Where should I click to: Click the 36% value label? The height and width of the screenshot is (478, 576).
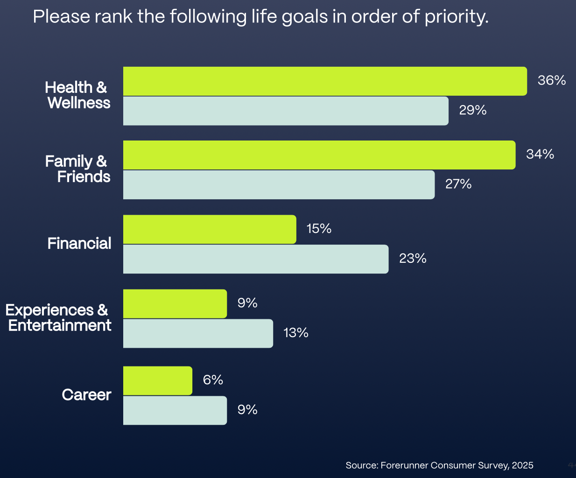click(551, 80)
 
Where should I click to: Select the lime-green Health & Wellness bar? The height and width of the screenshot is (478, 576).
click(325, 81)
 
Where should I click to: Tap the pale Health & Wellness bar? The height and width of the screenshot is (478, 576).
click(286, 111)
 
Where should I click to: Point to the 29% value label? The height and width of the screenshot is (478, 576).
click(472, 110)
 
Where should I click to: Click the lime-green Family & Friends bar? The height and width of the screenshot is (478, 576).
click(319, 155)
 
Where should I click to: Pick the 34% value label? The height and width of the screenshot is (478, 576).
click(540, 154)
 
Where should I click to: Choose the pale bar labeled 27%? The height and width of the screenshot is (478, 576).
click(279, 185)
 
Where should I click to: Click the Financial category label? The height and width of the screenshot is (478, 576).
click(79, 243)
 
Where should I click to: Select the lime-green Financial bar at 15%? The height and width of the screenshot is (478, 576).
click(210, 230)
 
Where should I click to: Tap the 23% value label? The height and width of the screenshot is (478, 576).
click(413, 259)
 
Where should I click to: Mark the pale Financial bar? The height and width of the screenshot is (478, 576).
click(256, 259)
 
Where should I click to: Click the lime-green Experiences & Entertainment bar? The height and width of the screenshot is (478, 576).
click(175, 304)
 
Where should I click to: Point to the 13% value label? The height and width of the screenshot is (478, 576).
click(296, 333)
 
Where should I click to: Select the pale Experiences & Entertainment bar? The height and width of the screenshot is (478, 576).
click(198, 333)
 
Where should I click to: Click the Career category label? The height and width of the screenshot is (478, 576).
click(86, 395)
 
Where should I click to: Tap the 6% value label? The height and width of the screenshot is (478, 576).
click(213, 380)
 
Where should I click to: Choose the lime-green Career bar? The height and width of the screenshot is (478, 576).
click(157, 380)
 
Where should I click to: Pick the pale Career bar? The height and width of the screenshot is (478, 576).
click(175, 410)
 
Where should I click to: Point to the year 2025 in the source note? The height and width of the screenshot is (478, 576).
click(522, 465)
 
